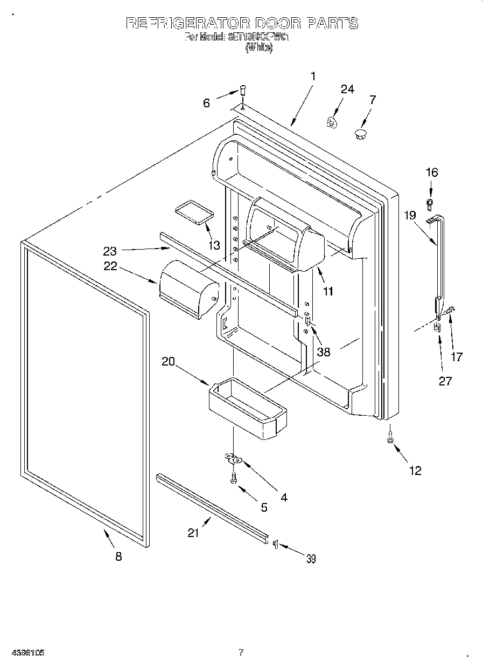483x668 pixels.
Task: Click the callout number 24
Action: coord(347,89)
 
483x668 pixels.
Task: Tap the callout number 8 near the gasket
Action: coord(118,557)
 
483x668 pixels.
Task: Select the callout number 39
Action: coord(311,559)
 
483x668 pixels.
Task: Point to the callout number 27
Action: coord(445,381)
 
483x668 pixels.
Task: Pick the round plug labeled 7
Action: coord(360,133)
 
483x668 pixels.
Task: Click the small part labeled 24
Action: coord(332,123)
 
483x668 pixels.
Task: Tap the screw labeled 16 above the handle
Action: coord(430,203)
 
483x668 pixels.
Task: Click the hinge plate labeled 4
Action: coord(234,459)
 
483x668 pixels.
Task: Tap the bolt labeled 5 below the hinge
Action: coord(233,477)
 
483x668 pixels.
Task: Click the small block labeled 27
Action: coord(437,327)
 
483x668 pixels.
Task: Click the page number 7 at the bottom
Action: coord(241,653)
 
